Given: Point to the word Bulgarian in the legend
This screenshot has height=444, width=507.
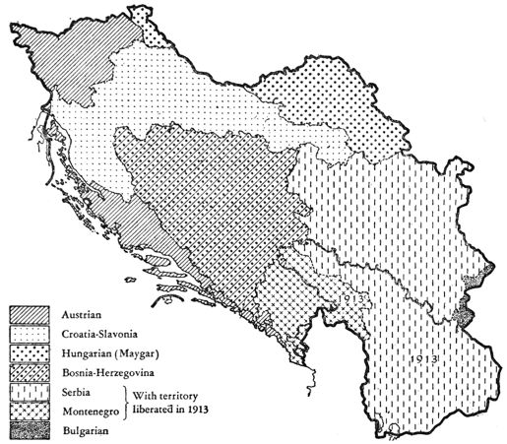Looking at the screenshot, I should [x=83, y=431].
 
